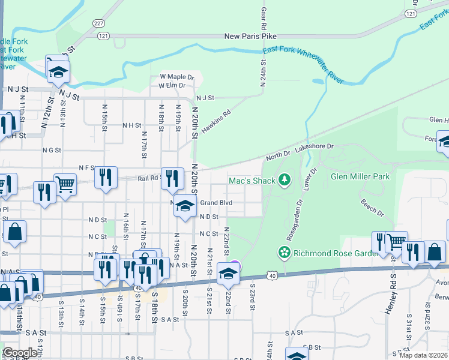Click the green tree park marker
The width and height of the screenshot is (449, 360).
coord(284,179)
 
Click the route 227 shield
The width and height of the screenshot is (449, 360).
coord(99,23)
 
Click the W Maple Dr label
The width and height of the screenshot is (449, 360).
coord(177,77)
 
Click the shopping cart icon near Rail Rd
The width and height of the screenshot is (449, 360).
coord(65,184)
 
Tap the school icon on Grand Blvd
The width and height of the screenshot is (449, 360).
coord(185,205)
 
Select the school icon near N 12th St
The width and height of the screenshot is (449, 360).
coord(58,72)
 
